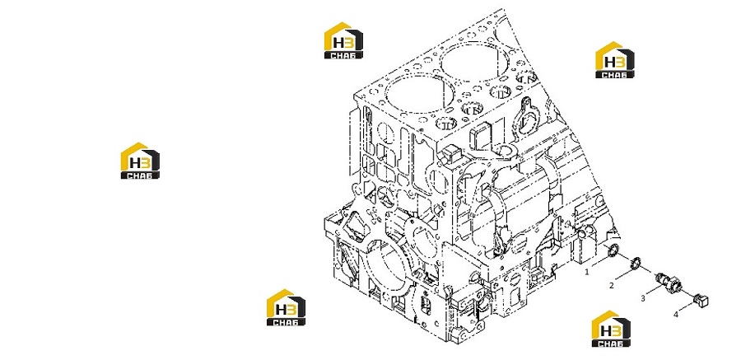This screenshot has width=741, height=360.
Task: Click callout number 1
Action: point(587,272)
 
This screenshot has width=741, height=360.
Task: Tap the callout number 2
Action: point(612,285)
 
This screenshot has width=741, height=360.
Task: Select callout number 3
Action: point(643,298)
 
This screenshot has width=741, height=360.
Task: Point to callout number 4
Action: point(676,314)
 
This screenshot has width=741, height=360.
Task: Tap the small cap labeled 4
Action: point(701,299)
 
